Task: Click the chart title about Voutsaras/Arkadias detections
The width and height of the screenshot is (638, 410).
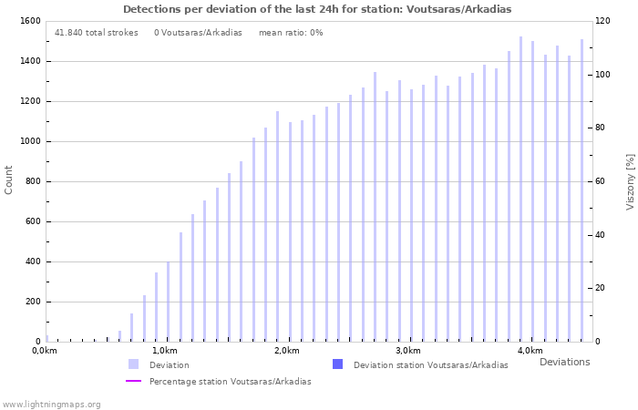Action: click(x=317, y=9)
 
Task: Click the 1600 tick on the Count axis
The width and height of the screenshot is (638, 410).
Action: click(x=28, y=21)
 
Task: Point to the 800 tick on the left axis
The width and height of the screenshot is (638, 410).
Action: click(x=31, y=181)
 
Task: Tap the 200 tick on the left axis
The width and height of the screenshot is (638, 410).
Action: click(x=31, y=302)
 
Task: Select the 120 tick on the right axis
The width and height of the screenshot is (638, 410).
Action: click(x=603, y=21)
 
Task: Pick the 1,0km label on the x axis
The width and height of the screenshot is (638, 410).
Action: click(x=165, y=351)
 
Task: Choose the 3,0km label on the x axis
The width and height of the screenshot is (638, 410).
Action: click(x=408, y=351)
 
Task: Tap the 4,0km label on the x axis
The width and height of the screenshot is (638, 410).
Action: click(x=530, y=351)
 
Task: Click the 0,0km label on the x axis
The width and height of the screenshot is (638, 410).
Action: click(x=44, y=351)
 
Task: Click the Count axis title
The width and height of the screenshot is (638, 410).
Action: click(x=9, y=179)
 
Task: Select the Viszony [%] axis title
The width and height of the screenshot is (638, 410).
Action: click(x=630, y=181)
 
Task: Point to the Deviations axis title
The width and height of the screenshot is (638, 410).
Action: click(x=564, y=362)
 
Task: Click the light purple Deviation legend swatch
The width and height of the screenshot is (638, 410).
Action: click(x=133, y=364)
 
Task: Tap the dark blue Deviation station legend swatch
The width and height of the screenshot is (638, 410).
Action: click(x=338, y=364)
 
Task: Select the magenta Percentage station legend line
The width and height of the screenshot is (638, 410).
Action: click(x=133, y=381)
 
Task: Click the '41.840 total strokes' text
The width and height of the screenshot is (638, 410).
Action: click(x=96, y=33)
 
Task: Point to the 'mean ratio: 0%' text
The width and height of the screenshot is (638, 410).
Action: click(x=291, y=33)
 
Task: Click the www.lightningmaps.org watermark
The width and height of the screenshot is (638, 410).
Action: click(x=52, y=404)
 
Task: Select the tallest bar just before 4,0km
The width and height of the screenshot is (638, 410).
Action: click(x=520, y=189)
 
